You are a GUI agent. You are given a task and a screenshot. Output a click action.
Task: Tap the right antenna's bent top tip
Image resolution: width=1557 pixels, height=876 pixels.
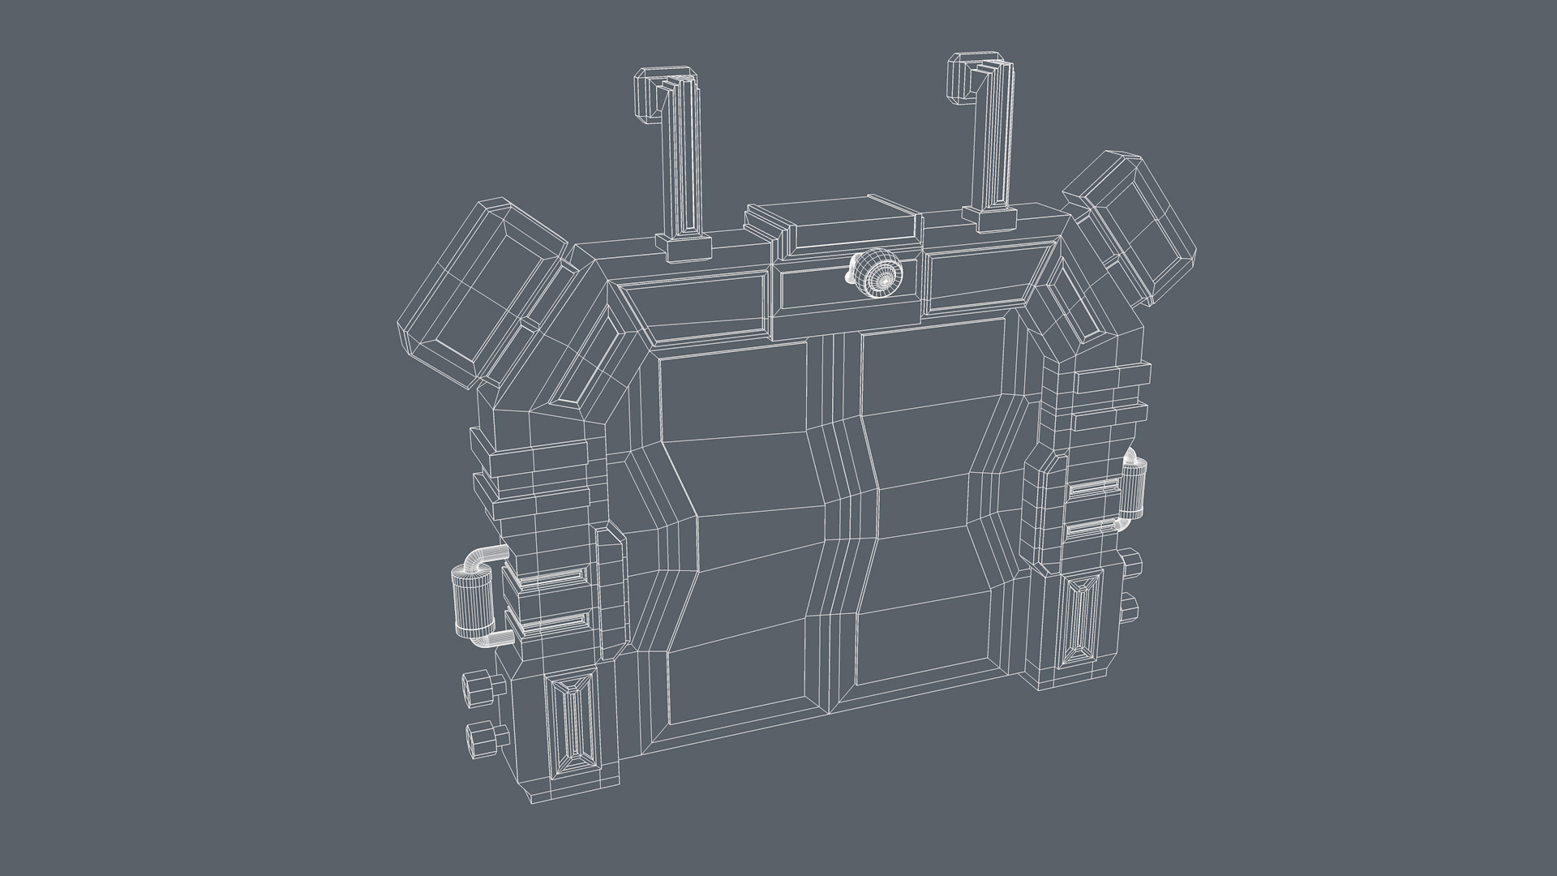pyautogui.click(x=966, y=77)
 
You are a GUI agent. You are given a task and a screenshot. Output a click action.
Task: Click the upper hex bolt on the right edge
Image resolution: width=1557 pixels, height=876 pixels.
pyautogui.click(x=1131, y=563)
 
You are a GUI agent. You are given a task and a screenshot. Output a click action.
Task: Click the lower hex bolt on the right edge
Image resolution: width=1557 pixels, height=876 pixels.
pyautogui.click(x=1130, y=606)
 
